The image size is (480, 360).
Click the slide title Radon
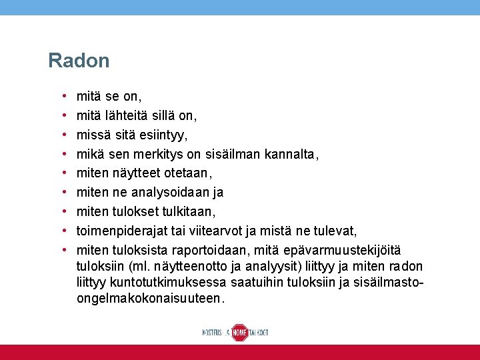pyautogui.click(x=79, y=61)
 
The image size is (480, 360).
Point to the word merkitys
pyautogui.click(x=154, y=154)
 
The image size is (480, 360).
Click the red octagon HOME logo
pyautogui.click(x=239, y=332)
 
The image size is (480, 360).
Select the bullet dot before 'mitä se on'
pyautogui.click(x=61, y=97)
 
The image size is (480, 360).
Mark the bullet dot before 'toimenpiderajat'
pyautogui.click(x=61, y=231)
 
